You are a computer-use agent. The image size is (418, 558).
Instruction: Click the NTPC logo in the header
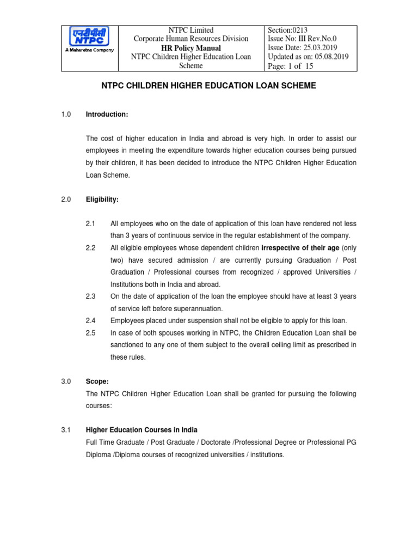90,38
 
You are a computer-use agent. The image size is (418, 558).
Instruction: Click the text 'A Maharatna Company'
90,50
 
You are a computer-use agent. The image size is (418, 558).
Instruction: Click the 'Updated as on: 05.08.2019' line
308,57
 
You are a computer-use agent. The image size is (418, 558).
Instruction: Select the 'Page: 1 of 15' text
291,66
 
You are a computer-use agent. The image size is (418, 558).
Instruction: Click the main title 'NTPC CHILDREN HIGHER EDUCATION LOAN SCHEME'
209,86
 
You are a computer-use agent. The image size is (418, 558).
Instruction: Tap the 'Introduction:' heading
107,114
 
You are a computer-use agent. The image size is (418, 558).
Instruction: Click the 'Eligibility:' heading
102,200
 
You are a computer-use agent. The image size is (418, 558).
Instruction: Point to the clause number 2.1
90,224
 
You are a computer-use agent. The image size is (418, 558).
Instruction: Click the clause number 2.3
90,296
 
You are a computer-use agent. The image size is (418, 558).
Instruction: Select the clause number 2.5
90,332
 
